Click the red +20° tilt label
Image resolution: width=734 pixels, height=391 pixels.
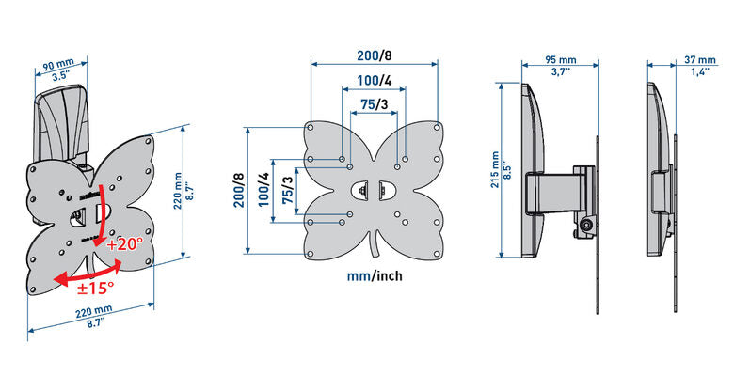click(124, 244)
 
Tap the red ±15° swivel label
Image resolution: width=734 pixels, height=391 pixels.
click(95, 288)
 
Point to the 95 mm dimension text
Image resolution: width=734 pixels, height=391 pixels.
click(560, 60)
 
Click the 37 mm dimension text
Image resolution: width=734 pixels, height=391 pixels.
click(700, 60)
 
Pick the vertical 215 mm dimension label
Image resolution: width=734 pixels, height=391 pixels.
click(495, 170)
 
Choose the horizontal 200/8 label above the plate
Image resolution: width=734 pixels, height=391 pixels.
click(375, 55)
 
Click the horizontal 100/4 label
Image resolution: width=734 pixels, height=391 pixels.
click(375, 81)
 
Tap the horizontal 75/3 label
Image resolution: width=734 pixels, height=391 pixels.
click(374, 104)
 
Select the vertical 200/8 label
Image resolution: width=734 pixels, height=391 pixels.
click(238, 191)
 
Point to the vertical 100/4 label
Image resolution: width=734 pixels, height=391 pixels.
click(263, 191)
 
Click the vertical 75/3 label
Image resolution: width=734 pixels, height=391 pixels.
click(288, 191)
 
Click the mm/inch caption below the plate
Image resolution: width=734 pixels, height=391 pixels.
click(375, 276)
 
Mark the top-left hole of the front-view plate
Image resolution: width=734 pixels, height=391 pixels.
click(310, 127)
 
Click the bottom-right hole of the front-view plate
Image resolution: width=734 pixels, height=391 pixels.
click(437, 254)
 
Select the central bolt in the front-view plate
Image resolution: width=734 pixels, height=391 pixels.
click(363, 191)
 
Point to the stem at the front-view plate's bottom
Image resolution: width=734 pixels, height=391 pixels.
click(375, 244)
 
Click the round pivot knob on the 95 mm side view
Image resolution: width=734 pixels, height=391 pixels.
click(585, 226)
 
